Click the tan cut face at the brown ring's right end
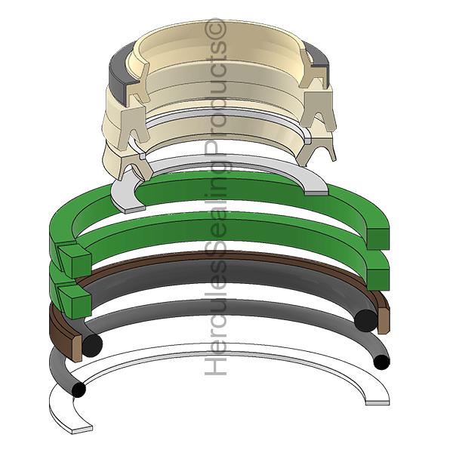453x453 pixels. pos(383,321)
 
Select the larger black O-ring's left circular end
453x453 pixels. pos(92,346)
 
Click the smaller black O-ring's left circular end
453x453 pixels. pos(78,390)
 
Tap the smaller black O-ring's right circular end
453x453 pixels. pos(382,362)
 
